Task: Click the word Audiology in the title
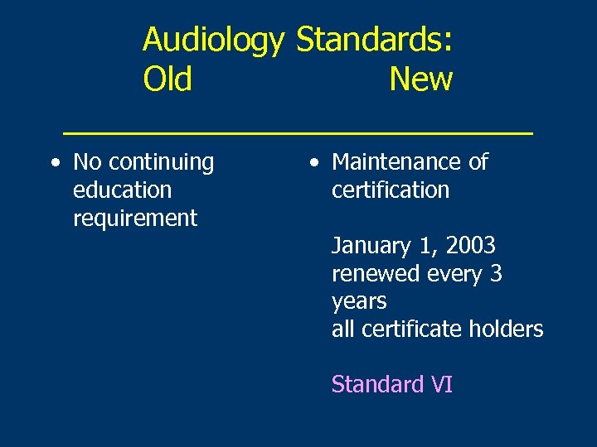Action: [x=213, y=39]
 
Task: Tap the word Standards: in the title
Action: [x=374, y=39]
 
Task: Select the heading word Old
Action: [x=167, y=79]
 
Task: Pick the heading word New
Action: [x=420, y=79]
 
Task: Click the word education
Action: [x=122, y=190]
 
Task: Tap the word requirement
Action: [x=134, y=219]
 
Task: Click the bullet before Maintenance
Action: [x=313, y=163]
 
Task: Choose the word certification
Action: [x=390, y=190]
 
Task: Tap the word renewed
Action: [x=373, y=274]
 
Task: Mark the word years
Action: [x=359, y=302]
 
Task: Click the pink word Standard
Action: [x=378, y=385]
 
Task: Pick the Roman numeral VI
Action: [x=441, y=385]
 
